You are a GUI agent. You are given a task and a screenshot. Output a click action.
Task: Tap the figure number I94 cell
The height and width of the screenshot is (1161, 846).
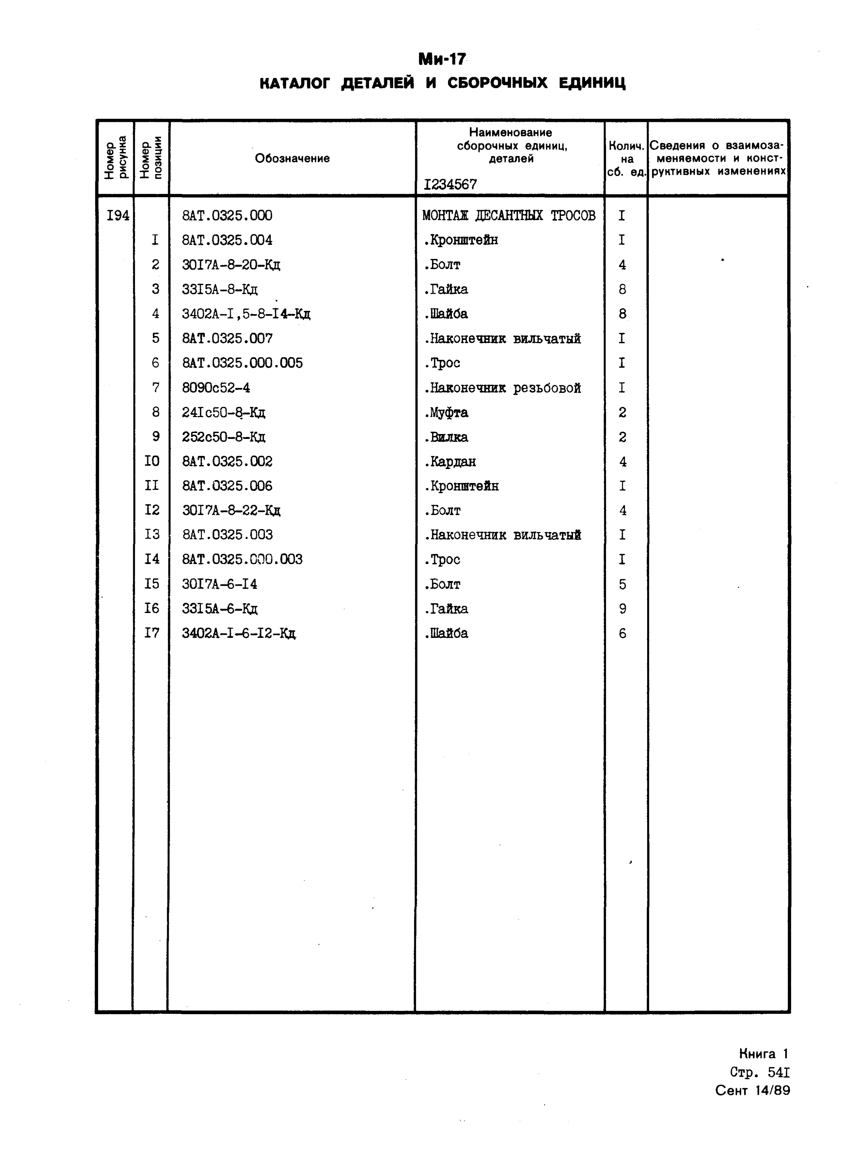coord(118,216)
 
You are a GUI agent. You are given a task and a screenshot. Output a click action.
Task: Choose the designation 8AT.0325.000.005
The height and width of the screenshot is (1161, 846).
coord(242,363)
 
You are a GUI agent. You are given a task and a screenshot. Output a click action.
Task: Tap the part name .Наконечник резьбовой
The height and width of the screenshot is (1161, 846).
coord(502,388)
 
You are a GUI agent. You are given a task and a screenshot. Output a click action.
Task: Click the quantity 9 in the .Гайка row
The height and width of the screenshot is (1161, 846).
coord(622,609)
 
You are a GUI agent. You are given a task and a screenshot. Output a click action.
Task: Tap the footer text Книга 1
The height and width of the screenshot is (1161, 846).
coord(763,1054)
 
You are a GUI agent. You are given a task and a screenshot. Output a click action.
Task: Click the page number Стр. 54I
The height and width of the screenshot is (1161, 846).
coord(760,1072)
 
